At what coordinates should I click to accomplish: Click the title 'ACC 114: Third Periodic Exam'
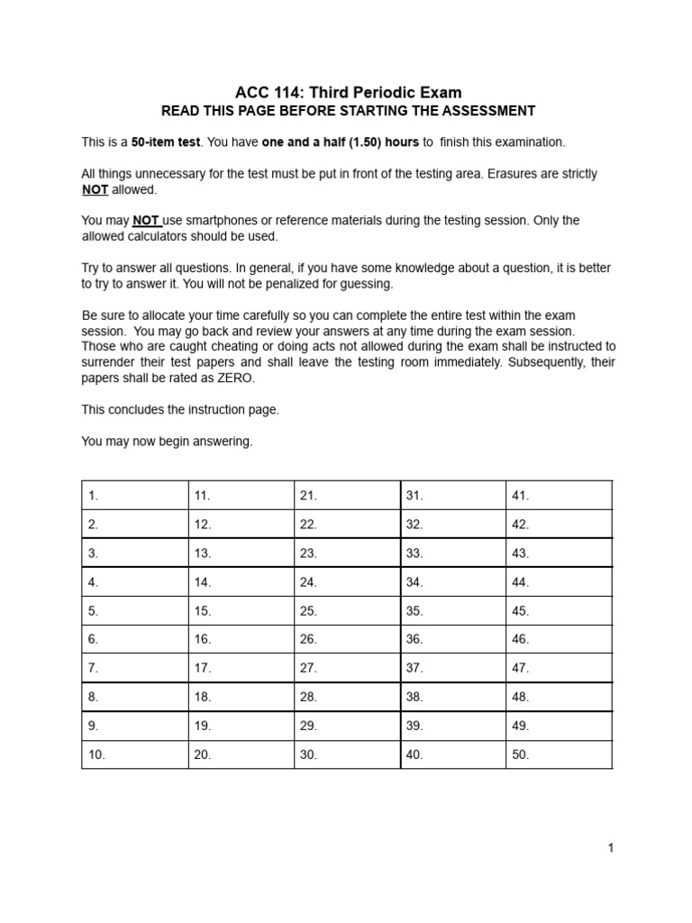(348, 92)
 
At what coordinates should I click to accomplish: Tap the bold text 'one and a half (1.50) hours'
(341, 142)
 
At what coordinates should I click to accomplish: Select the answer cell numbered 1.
(135, 495)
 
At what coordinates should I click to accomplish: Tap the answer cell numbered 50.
(559, 754)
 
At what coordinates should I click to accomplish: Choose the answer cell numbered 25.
(347, 610)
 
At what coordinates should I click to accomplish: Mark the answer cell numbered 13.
(241, 553)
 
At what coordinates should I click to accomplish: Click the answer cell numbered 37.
(452, 668)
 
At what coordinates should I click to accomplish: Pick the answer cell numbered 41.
(559, 495)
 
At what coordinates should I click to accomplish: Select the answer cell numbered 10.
(135, 754)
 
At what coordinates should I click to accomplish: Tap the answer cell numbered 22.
(347, 524)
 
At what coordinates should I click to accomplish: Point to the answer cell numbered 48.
(559, 697)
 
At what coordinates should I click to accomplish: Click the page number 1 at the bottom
(610, 848)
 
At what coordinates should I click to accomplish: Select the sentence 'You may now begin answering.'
(168, 442)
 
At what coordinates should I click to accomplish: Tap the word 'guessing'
(369, 283)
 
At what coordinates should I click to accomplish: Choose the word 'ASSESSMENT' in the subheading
(492, 111)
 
